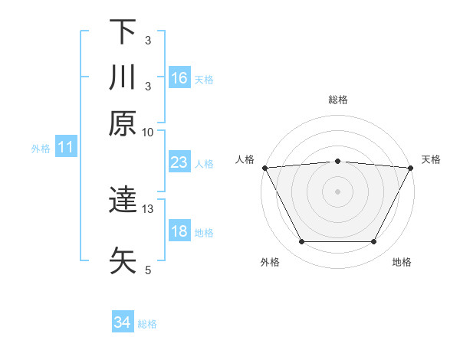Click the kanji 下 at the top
click(123, 32)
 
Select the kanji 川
click(123, 77)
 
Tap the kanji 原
click(123, 123)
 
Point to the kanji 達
click(123, 201)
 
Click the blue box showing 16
click(179, 77)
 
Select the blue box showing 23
click(179, 163)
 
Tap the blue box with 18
click(179, 232)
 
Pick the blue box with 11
click(66, 148)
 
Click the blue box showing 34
click(123, 323)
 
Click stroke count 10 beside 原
click(148, 132)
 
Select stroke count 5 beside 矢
click(148, 269)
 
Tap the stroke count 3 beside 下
click(148, 41)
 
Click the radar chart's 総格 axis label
click(337, 100)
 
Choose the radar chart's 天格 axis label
click(431, 159)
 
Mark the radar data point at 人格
click(264, 167)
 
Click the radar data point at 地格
click(374, 242)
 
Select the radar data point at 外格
click(301, 242)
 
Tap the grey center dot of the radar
click(337, 191)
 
